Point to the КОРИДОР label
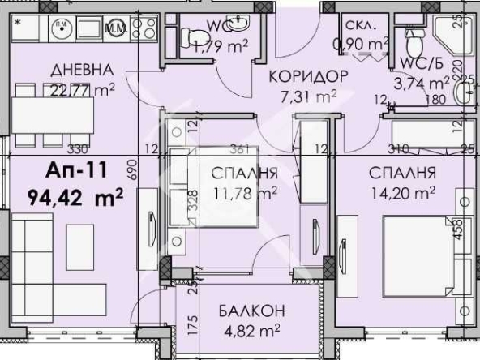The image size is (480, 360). tap(309, 76)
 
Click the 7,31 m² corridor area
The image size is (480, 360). tap(308, 96)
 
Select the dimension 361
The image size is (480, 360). tap(238, 148)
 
